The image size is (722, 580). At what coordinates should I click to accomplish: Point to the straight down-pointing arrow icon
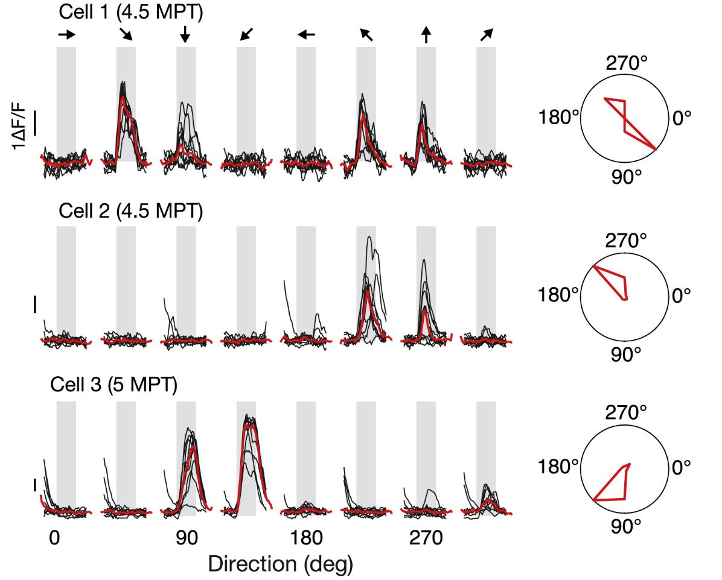185,36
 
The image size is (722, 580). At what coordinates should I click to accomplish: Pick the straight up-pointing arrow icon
426,36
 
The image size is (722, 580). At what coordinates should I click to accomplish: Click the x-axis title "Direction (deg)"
280,564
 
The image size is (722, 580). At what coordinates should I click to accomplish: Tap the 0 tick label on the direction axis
54,538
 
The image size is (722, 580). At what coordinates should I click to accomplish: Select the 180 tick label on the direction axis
306,538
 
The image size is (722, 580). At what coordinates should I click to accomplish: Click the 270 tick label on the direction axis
426,538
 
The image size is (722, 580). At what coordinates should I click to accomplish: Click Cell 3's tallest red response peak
247,426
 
